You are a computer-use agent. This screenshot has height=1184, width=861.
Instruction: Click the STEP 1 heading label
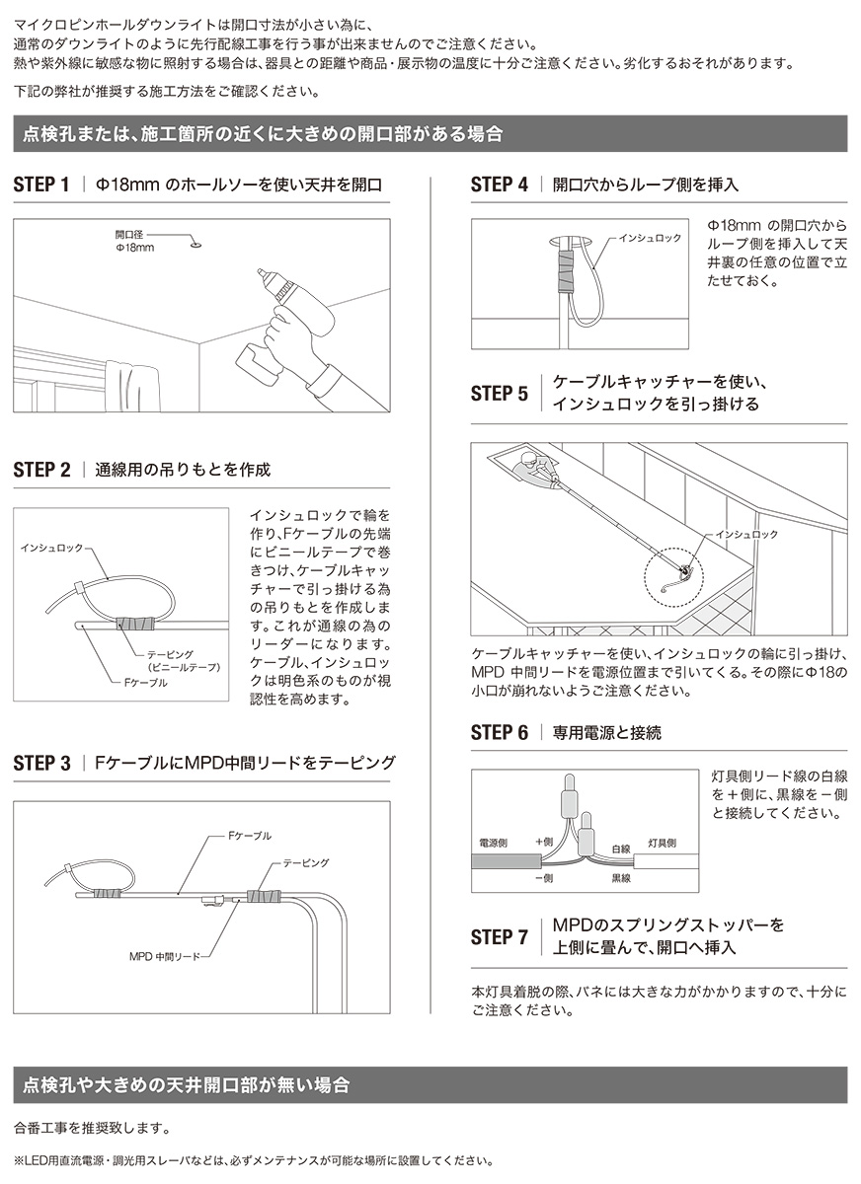point(41,185)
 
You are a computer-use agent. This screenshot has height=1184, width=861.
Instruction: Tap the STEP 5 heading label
point(499,394)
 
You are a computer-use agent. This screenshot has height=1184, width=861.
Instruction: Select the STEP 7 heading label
point(499,937)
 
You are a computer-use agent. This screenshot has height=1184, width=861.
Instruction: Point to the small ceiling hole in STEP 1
point(194,240)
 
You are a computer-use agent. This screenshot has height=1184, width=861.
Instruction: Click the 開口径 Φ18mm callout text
point(134,241)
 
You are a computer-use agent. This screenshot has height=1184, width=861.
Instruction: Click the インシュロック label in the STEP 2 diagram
point(53,546)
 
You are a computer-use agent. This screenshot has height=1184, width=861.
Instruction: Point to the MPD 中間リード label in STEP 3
point(171,956)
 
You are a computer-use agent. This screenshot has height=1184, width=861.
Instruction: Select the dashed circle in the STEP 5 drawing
point(675,570)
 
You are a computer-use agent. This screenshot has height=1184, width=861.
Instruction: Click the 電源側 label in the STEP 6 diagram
point(493,844)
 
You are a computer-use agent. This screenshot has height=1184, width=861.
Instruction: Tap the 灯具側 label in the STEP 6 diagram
point(663,844)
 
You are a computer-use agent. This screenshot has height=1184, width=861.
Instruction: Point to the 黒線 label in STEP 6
point(620,877)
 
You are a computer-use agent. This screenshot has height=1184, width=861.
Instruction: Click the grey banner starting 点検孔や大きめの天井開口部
point(430,1084)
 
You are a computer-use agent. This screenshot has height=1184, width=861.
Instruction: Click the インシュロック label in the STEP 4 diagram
point(650,239)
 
